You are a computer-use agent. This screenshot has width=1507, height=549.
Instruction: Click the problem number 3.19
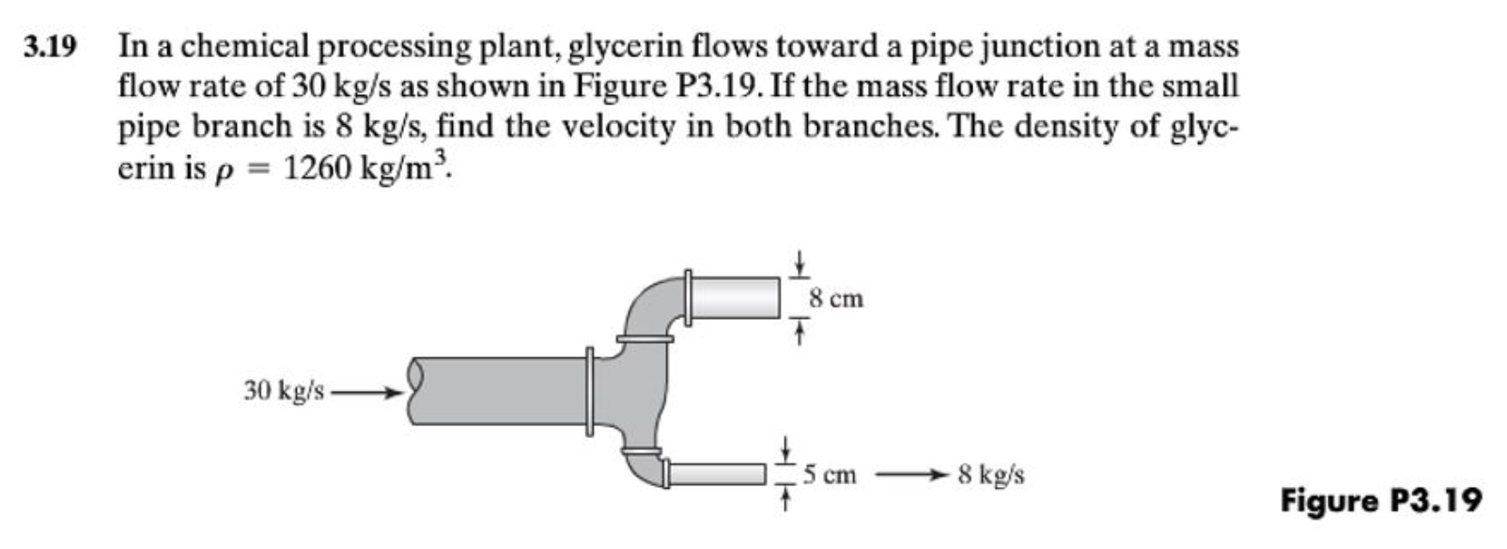click(50, 46)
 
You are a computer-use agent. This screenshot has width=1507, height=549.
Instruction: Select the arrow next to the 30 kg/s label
click(367, 392)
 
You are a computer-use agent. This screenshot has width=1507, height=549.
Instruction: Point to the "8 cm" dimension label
click(835, 300)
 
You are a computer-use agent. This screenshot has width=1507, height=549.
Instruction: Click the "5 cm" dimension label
click(830, 475)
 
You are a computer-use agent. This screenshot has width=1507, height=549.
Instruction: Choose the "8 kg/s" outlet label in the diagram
click(991, 475)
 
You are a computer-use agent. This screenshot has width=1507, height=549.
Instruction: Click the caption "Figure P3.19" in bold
click(1380, 499)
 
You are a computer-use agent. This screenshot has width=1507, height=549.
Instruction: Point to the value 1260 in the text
click(317, 167)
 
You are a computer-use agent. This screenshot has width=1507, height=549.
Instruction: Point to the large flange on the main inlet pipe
click(589, 391)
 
